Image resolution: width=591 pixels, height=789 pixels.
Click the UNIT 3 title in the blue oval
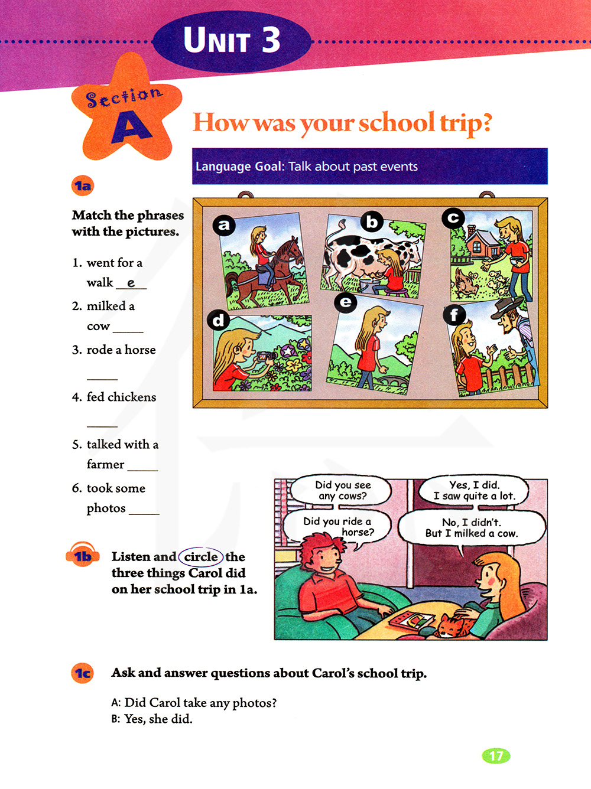point(232,41)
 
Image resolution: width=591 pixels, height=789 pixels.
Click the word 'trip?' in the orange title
point(466,123)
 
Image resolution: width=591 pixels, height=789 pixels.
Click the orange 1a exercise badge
point(83,186)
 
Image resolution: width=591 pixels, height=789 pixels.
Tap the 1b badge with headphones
point(83,556)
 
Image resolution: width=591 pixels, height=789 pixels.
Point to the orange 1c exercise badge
point(83,673)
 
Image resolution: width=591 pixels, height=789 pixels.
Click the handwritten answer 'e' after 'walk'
point(131,283)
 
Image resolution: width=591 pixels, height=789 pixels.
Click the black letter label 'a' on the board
point(224,225)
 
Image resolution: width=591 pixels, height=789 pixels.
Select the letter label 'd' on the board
point(219,320)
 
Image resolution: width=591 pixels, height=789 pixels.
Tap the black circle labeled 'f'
point(454,315)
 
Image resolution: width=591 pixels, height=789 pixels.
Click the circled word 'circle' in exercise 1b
point(201,557)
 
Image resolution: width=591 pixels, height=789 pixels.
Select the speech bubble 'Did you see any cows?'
point(343,491)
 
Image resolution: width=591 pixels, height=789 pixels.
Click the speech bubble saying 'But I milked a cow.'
point(471,528)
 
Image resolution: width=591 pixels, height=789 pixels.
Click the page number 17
point(496,756)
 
